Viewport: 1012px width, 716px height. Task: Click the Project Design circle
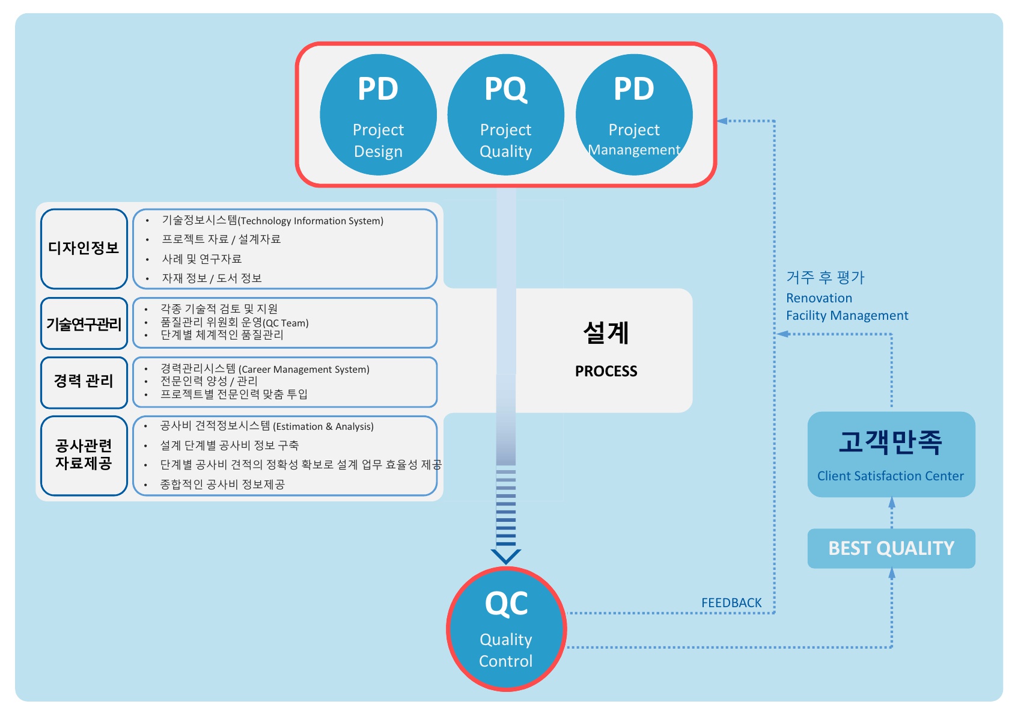pos(378,115)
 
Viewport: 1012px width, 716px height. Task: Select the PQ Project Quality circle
pos(506,115)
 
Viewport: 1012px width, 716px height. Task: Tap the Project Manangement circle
pos(634,115)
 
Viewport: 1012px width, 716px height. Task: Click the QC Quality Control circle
pos(506,629)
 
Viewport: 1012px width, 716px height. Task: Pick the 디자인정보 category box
pos(84,248)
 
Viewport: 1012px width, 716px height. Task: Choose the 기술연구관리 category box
pos(84,324)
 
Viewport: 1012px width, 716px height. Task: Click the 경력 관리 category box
pos(84,381)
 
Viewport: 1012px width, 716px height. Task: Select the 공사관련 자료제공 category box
pos(84,454)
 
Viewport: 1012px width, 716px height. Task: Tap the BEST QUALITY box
pos(891,548)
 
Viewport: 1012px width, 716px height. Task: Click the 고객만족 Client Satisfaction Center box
pos(891,454)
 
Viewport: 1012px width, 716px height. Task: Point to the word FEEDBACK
pos(731,602)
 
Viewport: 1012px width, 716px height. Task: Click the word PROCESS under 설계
pos(606,372)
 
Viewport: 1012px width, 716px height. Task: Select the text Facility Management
pos(847,316)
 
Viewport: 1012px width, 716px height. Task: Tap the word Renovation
pos(819,298)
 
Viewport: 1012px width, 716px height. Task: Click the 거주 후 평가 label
pos(825,278)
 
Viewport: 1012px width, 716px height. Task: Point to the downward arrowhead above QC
pos(506,556)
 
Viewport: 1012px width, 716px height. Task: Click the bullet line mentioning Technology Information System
pos(272,221)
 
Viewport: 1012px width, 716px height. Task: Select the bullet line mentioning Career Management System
pos(264,369)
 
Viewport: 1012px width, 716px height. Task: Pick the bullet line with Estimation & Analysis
pos(267,426)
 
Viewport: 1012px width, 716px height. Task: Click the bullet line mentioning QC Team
pos(234,322)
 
